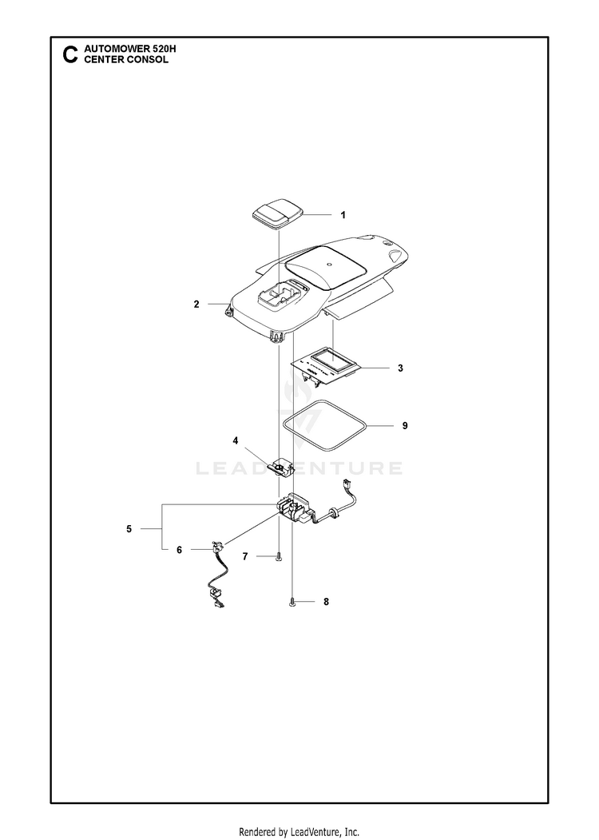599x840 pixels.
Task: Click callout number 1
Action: point(343,215)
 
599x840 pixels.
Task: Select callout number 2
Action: point(196,305)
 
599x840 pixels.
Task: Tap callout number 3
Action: point(400,368)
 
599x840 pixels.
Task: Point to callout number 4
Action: point(236,440)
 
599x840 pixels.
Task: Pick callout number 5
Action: point(129,529)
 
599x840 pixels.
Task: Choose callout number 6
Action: point(180,550)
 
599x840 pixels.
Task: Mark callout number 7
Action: point(245,556)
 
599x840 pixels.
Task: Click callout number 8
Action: point(326,602)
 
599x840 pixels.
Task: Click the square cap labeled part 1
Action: point(277,217)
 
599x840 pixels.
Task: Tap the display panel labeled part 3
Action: point(326,366)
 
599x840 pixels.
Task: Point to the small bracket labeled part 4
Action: point(281,468)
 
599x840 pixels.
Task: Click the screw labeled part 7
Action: point(279,558)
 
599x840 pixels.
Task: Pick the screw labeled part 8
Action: point(292,603)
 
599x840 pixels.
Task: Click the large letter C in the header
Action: point(70,54)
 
